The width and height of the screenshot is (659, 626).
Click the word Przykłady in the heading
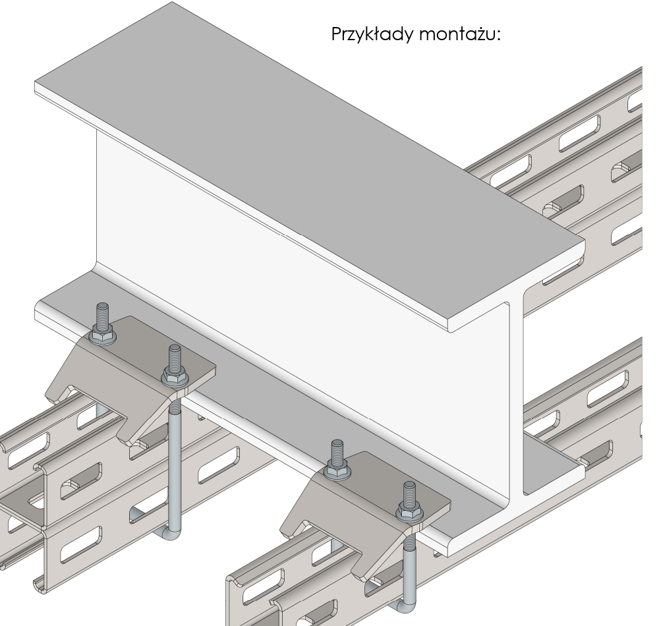pos(372,34)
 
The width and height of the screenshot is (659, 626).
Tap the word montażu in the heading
pos(460,34)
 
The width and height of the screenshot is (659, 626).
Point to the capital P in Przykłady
pos(336,34)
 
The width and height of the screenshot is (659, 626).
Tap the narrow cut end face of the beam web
pos(517,395)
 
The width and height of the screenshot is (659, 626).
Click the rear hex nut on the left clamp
pos(102,335)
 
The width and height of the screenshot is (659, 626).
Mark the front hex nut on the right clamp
pos(409,513)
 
